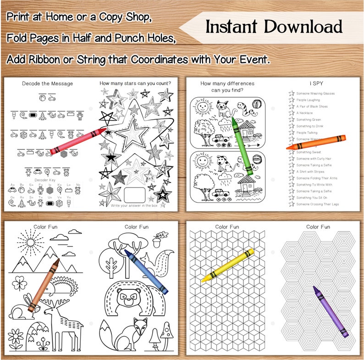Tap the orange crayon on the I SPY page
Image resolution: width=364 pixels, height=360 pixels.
316,142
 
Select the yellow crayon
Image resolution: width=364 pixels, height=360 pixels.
227,265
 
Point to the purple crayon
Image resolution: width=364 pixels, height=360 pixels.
331,311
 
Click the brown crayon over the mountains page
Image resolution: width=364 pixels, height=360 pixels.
44,285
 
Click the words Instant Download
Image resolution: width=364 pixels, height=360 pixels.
274,27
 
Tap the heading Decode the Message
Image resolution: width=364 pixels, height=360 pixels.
47,83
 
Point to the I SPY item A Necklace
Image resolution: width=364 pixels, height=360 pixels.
304,113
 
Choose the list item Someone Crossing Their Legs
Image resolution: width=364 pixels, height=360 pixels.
317,204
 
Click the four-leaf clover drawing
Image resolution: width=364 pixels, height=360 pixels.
18,281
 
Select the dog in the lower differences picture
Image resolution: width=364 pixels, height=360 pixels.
225,164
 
